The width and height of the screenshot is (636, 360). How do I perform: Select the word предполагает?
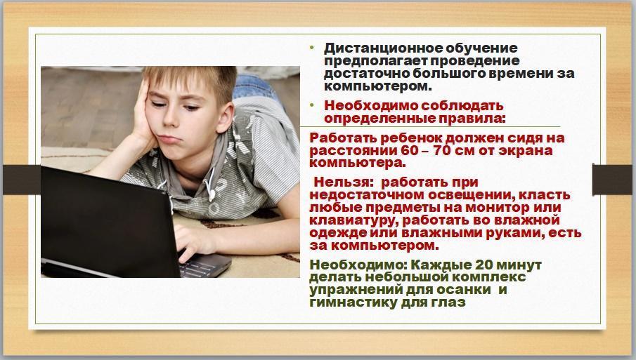375,61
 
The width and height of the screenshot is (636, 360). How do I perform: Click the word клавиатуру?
353,220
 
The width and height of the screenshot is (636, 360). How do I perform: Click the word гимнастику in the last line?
353,302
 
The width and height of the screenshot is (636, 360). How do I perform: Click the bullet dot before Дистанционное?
312,48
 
